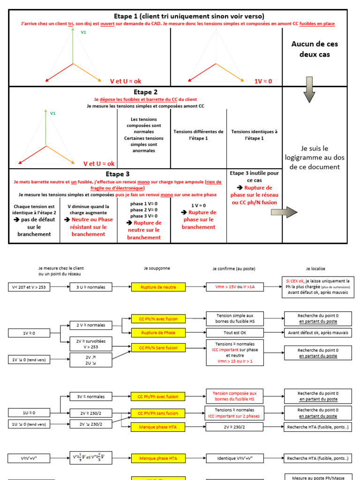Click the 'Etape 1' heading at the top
tap(189, 16)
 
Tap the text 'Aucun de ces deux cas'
tap(315, 49)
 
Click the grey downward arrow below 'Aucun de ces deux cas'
tap(309, 90)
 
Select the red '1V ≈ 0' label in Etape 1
tap(263, 81)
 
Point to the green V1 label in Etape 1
tap(83, 32)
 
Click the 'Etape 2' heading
tap(145, 92)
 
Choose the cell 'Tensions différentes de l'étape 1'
tap(198, 135)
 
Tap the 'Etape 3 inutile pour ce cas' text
tap(255, 176)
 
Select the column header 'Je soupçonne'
tap(157, 269)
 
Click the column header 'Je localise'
tap(315, 269)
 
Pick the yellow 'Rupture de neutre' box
tap(158, 287)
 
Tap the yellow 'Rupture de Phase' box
tap(158, 333)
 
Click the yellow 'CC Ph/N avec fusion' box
tap(158, 319)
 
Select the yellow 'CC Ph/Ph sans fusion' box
tap(158, 413)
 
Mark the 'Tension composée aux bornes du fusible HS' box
tap(234, 397)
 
